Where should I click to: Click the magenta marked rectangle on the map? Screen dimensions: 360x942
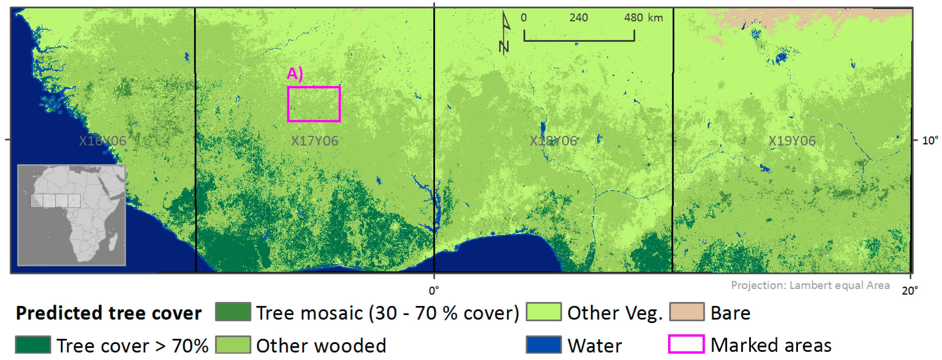click(314, 104)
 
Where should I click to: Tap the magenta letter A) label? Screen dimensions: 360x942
click(295, 74)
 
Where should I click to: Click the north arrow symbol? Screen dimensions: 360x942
click(505, 33)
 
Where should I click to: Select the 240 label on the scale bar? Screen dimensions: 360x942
click(579, 18)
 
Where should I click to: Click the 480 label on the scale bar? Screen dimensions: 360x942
click(633, 18)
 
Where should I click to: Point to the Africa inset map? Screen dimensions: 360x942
click(72, 215)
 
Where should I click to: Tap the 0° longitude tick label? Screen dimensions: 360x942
click(434, 291)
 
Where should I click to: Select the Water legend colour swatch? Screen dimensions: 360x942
click(543, 345)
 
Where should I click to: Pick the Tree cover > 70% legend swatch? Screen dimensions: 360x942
click(33, 345)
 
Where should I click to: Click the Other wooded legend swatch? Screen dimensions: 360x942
click(233, 345)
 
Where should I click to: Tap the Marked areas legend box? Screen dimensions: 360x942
click(686, 344)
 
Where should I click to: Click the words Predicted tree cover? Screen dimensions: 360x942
click(109, 313)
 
